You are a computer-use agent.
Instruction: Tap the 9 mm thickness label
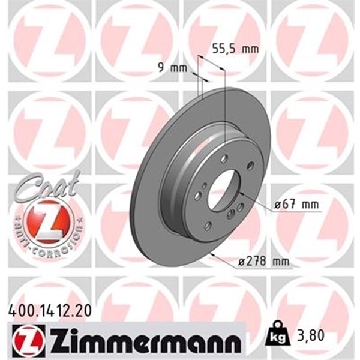(170, 67)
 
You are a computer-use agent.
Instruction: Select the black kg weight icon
(280, 338)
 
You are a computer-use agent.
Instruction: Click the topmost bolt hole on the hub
(224, 160)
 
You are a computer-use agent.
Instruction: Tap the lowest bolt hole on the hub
(208, 226)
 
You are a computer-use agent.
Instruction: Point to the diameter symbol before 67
(278, 206)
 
